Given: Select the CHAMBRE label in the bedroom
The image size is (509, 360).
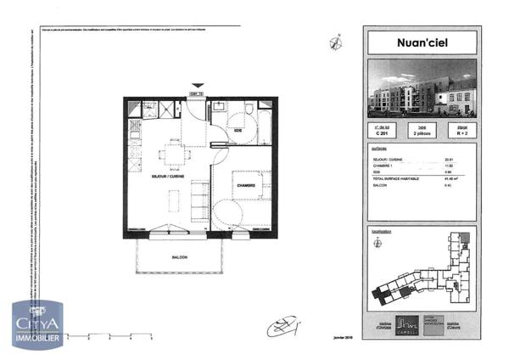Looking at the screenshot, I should tap(247, 185).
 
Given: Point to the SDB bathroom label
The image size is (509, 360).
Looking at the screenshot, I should tap(239, 130).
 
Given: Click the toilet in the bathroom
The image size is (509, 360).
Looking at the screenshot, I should tap(252, 111).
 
